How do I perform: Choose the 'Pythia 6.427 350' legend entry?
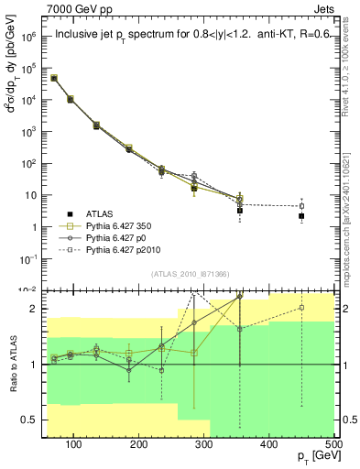[x=115, y=224]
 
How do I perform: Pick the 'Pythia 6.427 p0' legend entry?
[x=114, y=236]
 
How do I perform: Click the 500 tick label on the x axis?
[x=333, y=444]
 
